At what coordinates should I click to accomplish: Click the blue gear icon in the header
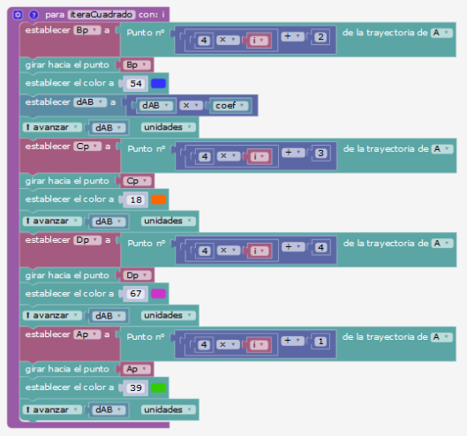click(x=18, y=15)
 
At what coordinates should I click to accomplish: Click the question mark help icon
click(x=34, y=15)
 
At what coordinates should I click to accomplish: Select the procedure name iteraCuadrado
click(x=102, y=15)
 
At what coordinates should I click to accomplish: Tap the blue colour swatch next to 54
click(x=158, y=84)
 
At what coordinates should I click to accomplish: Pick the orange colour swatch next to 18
click(x=158, y=199)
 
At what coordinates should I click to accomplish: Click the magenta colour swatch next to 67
click(x=158, y=294)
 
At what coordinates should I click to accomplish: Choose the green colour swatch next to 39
click(x=158, y=387)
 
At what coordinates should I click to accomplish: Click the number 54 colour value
click(x=136, y=84)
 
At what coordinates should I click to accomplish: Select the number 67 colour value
click(x=136, y=294)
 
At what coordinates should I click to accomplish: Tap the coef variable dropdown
click(x=230, y=105)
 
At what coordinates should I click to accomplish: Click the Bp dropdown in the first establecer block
click(x=87, y=30)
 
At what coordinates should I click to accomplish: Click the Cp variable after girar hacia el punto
click(x=138, y=181)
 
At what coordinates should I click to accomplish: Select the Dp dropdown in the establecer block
click(x=87, y=240)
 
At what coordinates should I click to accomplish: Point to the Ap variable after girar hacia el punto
click(x=137, y=369)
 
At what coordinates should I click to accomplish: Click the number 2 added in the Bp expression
click(x=320, y=37)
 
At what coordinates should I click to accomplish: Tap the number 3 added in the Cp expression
click(x=320, y=153)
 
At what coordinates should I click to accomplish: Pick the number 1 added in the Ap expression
click(x=320, y=342)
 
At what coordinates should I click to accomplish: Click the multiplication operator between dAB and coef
click(x=191, y=105)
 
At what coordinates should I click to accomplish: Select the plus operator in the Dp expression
click(x=293, y=246)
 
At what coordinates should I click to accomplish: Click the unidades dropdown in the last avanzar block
click(x=169, y=410)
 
